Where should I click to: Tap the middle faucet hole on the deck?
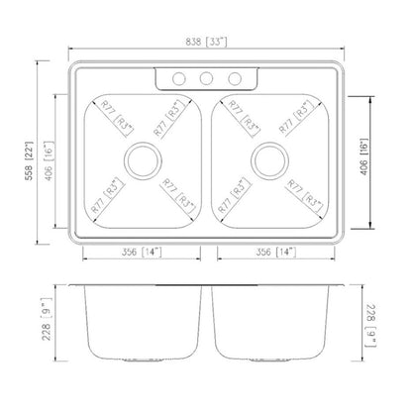click(x=206, y=80)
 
